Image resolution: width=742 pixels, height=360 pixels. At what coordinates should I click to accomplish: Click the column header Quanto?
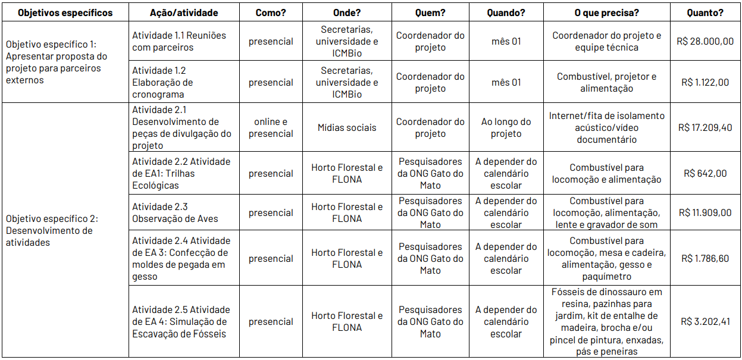point(705,12)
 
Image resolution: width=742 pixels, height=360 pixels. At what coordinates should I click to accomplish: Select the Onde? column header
point(347,12)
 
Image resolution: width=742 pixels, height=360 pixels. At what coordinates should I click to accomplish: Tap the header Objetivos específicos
point(65,12)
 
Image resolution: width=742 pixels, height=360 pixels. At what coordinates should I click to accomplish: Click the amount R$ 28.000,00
point(705,42)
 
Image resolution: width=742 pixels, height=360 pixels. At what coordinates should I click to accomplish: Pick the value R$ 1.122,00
point(705,83)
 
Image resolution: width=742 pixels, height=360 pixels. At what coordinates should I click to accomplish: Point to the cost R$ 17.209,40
point(705,128)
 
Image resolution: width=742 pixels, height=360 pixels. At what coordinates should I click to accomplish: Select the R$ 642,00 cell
point(705,174)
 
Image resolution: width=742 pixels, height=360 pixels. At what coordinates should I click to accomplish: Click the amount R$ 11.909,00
point(705,213)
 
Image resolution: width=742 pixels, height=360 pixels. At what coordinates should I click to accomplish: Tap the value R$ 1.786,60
point(705,259)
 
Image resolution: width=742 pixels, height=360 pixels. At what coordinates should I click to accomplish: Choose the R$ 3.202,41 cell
point(705,322)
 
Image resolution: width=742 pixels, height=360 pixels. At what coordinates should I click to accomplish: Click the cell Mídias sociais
point(347,128)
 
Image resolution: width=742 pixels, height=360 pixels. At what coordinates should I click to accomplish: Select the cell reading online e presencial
point(271,128)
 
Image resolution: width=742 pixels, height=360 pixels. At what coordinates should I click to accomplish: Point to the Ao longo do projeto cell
point(506,128)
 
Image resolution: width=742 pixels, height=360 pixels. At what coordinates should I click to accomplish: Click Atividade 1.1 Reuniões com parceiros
point(179,42)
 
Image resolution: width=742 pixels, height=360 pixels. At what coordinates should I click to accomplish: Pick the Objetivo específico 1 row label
point(57,62)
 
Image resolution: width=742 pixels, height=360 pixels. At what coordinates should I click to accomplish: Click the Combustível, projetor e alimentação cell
point(606,83)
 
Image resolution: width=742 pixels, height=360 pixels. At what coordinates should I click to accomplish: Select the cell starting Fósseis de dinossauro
point(606,322)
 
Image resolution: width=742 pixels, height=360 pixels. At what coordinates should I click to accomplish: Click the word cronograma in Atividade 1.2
point(158,95)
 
